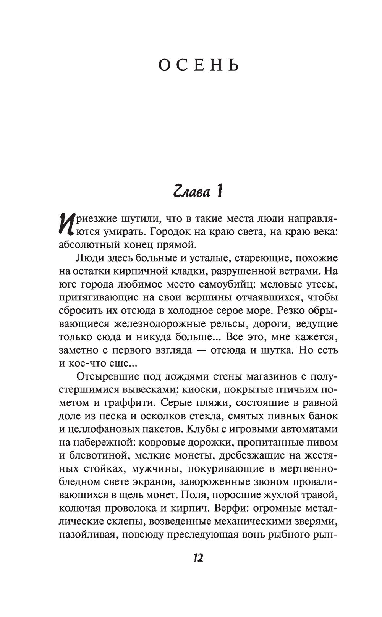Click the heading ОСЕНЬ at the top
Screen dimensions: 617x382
tap(199, 66)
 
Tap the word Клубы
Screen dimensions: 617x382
tap(203, 429)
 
